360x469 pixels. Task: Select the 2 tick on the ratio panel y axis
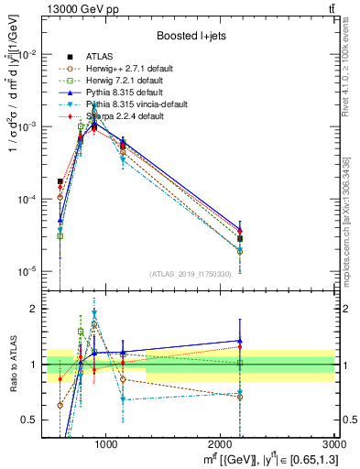pos(35,309)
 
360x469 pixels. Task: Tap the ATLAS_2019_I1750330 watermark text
pos(191,274)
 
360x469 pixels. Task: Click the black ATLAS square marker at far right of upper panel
pos(240,238)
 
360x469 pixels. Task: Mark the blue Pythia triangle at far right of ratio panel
pos(240,341)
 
